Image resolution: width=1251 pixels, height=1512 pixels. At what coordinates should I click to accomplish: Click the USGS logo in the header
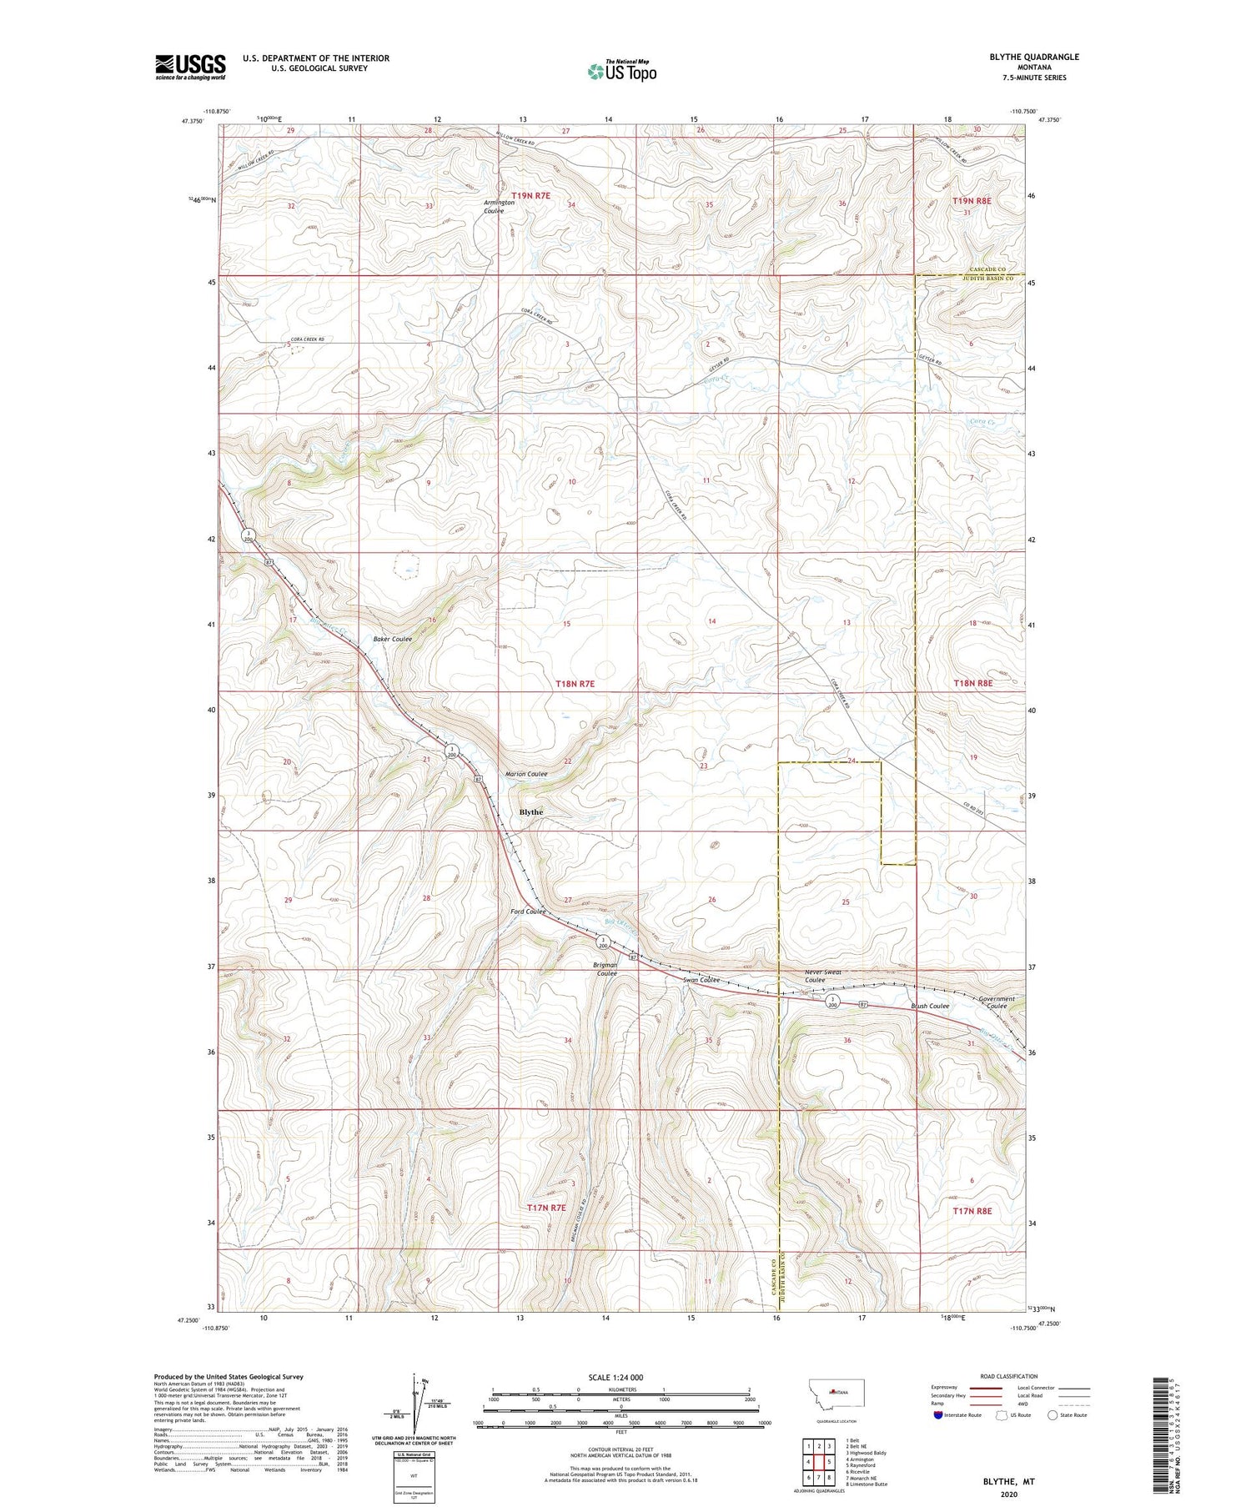click(190, 67)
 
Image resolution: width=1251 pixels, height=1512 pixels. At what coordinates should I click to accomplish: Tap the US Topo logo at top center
click(622, 71)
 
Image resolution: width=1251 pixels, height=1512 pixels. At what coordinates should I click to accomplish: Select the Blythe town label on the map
click(530, 811)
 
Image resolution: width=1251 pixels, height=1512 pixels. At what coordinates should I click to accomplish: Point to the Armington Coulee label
click(500, 207)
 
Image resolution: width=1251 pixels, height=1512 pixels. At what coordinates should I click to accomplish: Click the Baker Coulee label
click(391, 640)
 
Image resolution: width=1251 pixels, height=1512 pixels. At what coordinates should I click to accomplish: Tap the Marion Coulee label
click(526, 774)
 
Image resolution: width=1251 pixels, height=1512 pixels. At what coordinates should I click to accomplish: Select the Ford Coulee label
click(528, 912)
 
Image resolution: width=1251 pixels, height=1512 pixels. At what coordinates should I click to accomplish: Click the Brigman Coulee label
click(605, 969)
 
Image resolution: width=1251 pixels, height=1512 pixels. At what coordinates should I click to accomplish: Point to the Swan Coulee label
click(701, 980)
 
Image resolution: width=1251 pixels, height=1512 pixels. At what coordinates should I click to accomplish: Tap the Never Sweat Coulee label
click(823, 976)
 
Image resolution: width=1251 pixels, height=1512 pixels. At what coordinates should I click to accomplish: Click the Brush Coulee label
click(930, 1006)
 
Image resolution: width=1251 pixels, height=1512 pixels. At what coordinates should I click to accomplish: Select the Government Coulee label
click(997, 1002)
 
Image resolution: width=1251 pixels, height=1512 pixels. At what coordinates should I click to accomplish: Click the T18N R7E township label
click(575, 683)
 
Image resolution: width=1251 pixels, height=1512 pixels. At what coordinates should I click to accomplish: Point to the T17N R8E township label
click(972, 1210)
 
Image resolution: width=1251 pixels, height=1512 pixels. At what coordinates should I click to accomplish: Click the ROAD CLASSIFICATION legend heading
click(1009, 1376)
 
